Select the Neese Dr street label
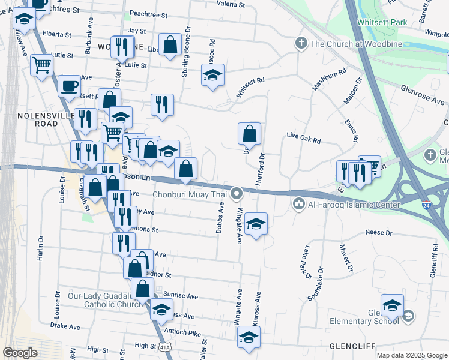(378, 232)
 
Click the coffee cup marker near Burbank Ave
(69, 85)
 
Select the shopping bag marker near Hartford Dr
(249, 134)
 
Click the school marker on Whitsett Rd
(212, 76)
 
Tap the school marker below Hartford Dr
(256, 224)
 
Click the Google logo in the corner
(20, 353)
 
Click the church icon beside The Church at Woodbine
(301, 44)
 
